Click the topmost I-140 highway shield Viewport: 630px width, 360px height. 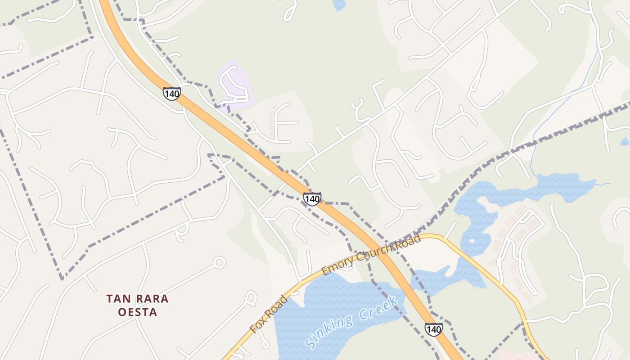pos(171,94)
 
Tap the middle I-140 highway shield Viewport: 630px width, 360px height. pos(312,198)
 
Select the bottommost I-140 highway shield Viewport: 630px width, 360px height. pos(433,329)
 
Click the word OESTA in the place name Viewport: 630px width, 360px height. pos(138,312)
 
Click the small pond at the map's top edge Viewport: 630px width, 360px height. pos(339,4)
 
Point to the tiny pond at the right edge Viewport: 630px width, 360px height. pos(625,142)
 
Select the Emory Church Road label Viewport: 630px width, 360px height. pos(372,254)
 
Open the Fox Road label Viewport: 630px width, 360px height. pos(269,314)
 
